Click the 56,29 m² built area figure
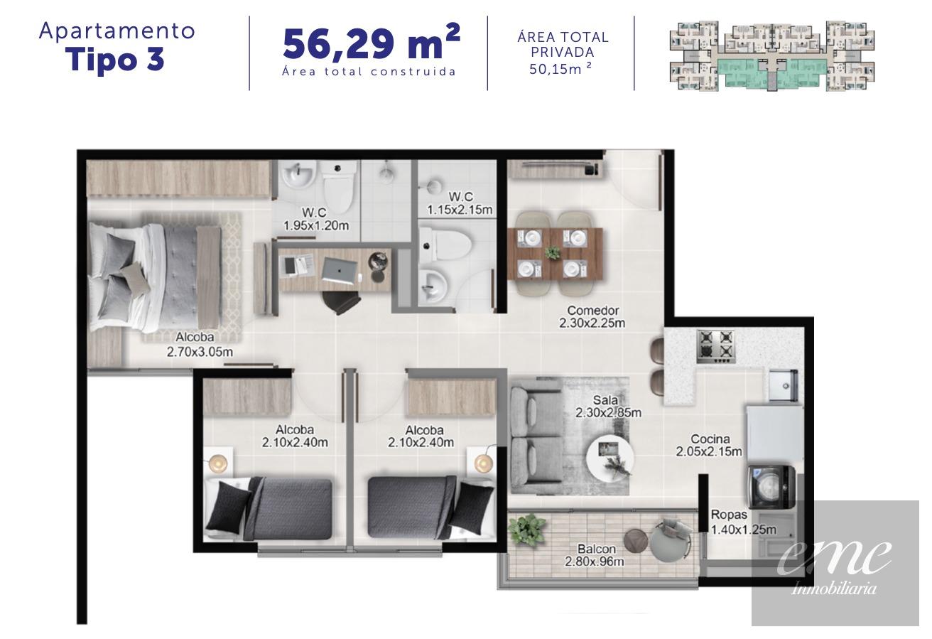tap(371, 43)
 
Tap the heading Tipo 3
tap(115, 60)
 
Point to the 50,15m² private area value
tap(560, 69)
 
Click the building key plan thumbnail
tap(772, 55)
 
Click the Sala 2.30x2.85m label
tap(608, 407)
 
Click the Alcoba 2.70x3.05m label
tap(200, 344)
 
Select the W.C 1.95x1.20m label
tap(316, 219)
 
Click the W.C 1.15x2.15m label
tap(460, 203)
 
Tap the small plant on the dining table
tap(553, 252)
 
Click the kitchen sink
tap(783, 386)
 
